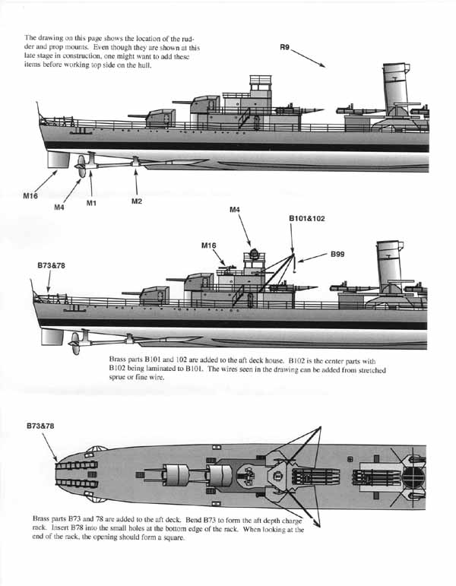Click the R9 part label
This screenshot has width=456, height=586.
click(284, 47)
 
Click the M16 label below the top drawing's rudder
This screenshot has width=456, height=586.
click(30, 195)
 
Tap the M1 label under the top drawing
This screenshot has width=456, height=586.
click(91, 203)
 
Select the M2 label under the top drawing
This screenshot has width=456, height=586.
click(137, 201)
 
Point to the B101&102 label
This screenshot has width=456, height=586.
click(307, 218)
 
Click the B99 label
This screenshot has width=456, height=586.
click(337, 254)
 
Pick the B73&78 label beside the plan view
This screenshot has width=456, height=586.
click(40, 426)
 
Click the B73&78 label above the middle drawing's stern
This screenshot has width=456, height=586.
click(51, 265)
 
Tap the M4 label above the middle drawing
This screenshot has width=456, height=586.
click(235, 210)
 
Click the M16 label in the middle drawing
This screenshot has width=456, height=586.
click(208, 245)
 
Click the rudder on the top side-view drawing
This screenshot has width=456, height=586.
click(59, 160)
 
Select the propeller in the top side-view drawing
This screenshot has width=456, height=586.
click(81, 166)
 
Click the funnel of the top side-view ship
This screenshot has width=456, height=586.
click(395, 89)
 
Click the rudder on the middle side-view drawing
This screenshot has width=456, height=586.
click(52, 337)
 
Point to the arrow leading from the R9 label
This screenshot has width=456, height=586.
click(308, 59)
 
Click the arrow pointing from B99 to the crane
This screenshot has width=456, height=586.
click(312, 258)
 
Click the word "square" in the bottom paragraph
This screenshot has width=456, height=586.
click(174, 538)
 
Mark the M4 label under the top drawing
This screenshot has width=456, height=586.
click(59, 207)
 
